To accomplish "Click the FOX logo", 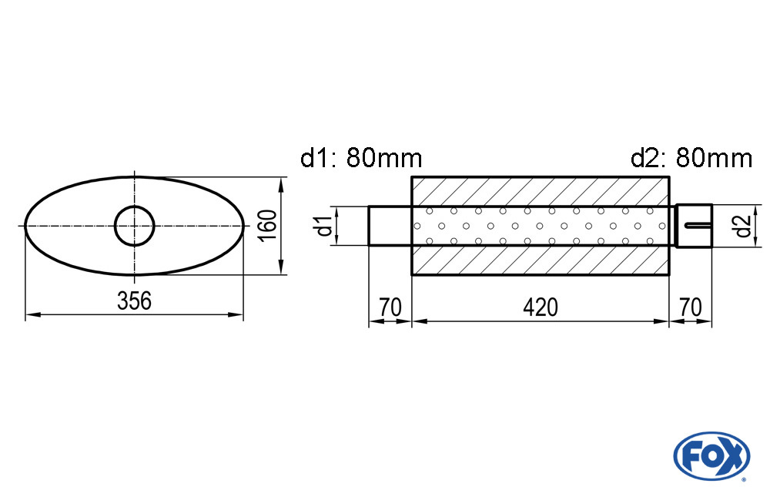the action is coord(711,456).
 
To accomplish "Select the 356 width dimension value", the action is coord(134,301).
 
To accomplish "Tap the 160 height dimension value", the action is coord(268,225).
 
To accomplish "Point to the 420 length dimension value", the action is coord(541,307).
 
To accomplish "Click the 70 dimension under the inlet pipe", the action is coord(390,307).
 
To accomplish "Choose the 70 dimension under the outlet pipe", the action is coord(691,307).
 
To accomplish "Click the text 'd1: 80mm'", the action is coord(361,158).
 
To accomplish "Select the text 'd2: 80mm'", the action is coord(691,158).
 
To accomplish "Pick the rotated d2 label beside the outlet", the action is coord(744,226).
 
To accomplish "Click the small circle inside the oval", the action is coord(135,226).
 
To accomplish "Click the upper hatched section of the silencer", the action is coord(541,192).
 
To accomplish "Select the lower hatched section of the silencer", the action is coord(541,260).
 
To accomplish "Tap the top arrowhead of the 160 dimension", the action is coord(281,184).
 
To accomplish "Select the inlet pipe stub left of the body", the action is coord(390,226).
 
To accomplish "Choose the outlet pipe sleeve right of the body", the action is coord(694,226).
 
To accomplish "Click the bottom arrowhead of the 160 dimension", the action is coord(281,267).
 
